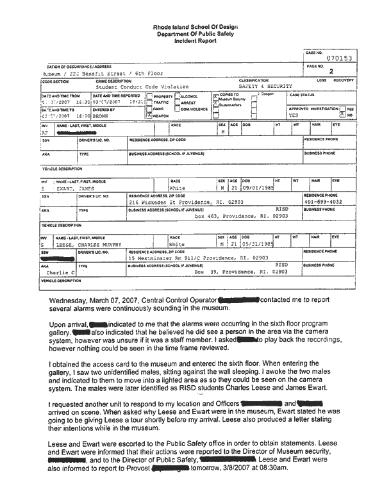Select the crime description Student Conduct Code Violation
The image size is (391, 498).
tap(142, 86)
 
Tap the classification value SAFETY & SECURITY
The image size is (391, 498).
tap(265, 86)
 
